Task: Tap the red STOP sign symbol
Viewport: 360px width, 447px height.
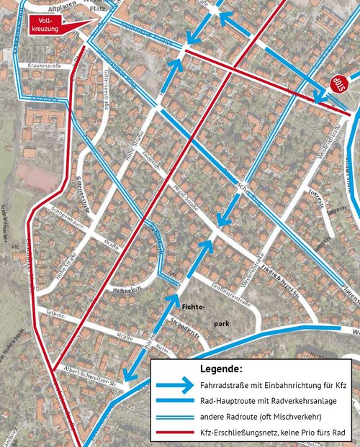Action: pos(339,84)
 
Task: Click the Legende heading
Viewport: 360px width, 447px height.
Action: pos(220,369)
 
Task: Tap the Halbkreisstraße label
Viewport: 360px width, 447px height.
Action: pos(126,289)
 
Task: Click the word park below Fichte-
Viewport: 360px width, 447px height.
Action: pos(222,324)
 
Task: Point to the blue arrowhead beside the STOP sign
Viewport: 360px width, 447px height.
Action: pos(321,96)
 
